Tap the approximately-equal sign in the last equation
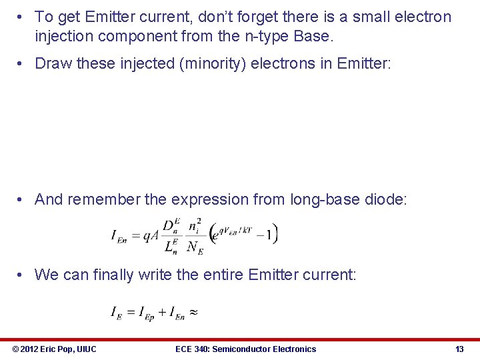click(x=193, y=311)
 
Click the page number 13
click(x=459, y=349)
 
